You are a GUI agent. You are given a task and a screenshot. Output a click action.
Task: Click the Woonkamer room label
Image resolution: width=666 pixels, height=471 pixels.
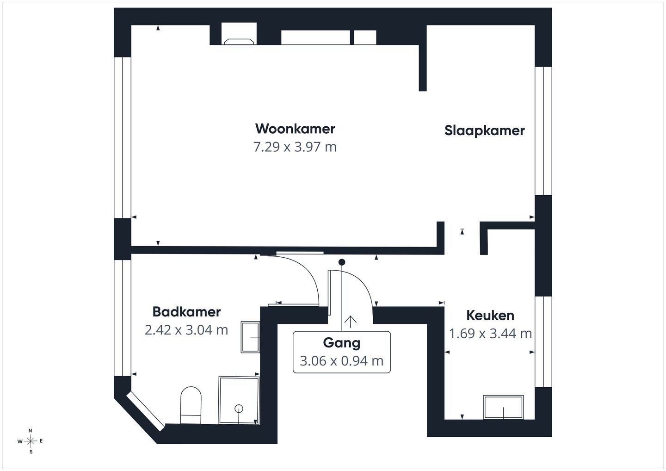click(295, 129)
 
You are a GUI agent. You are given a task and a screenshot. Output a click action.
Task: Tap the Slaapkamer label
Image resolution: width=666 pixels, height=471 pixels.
click(484, 131)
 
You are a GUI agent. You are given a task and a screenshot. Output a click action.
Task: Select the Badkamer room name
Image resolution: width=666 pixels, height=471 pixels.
click(186, 312)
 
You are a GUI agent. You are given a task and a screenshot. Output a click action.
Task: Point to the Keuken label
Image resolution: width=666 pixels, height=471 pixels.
click(490, 316)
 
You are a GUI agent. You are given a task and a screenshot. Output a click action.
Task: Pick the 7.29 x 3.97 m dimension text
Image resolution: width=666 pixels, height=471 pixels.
click(295, 147)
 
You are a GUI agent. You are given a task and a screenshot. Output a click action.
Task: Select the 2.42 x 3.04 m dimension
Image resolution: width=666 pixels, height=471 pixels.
click(186, 330)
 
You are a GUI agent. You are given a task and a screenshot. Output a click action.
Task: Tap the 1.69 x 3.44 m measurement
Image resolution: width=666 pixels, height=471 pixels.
click(490, 334)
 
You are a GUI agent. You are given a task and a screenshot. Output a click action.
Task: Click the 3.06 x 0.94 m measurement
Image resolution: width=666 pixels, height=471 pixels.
click(342, 361)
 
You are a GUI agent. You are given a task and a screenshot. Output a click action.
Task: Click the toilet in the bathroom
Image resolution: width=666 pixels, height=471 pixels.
click(191, 405)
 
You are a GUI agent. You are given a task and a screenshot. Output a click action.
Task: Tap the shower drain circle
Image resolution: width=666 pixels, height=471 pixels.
click(239, 409)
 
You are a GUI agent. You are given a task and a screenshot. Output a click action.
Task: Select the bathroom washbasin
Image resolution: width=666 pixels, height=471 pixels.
click(250, 337)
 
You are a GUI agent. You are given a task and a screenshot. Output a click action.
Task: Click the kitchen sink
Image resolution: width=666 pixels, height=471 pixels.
click(503, 407)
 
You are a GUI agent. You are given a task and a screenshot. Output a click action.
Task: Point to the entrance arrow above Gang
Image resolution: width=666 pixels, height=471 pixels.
click(350, 322)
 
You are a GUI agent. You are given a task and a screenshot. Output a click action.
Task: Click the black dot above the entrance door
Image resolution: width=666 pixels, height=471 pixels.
click(342, 262)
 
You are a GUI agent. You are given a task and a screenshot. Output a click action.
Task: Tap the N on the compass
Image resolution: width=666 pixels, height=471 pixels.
click(30, 431)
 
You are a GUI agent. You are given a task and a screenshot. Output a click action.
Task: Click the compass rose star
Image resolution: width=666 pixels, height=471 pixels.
click(31, 441)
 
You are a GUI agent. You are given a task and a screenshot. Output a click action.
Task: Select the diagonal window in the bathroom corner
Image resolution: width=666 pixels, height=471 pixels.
click(145, 411)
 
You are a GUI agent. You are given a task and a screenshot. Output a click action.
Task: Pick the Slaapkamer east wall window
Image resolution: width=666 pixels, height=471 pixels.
click(543, 131)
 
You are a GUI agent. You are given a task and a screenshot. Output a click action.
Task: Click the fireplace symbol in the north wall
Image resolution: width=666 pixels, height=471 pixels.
click(239, 41)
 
